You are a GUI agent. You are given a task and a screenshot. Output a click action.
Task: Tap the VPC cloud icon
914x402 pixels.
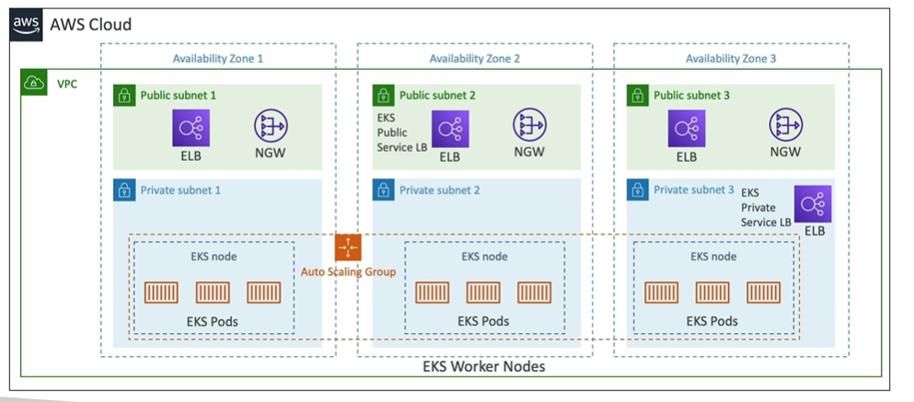[34, 83]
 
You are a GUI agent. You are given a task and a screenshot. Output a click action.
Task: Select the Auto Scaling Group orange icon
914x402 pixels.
[348, 247]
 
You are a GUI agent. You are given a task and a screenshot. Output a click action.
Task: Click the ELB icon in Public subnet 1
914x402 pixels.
[191, 128]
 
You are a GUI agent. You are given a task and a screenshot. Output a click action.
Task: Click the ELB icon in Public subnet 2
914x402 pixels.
[449, 128]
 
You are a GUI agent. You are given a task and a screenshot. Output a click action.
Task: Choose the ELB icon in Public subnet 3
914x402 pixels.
[687, 128]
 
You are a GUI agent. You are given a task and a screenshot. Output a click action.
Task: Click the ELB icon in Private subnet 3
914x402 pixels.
[813, 203]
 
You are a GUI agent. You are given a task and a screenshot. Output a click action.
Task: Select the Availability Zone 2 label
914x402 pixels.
[474, 59]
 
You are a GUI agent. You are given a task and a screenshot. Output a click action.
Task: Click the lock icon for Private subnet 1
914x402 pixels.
[123, 190]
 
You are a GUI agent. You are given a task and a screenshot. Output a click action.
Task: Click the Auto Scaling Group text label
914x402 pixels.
[348, 271]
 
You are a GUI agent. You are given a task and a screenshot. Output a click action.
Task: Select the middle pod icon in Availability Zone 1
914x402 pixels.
[213, 293]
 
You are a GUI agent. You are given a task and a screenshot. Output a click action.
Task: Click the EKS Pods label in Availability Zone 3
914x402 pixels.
[712, 321]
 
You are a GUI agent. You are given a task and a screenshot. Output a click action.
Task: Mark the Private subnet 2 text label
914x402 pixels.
[437, 190]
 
